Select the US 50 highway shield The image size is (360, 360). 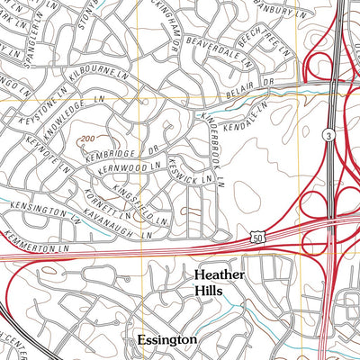pyautogui.click(x=256, y=234)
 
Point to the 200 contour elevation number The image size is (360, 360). pyautogui.click(x=87, y=138)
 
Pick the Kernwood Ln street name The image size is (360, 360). pyautogui.click(x=134, y=166)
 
